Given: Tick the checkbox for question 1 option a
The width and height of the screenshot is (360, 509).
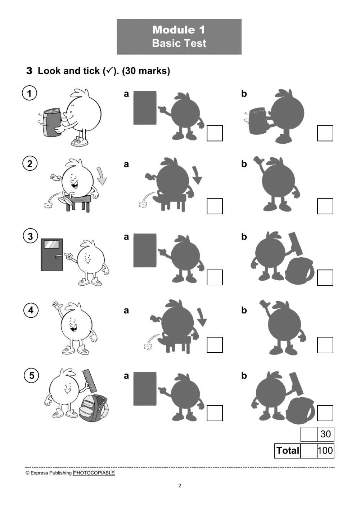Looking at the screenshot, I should (x=215, y=133).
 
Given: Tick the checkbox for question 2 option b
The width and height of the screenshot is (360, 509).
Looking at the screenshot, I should (x=325, y=206).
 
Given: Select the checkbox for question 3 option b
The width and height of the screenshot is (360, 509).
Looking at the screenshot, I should (x=325, y=277).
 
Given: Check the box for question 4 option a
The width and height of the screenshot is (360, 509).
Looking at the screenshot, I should (x=215, y=345).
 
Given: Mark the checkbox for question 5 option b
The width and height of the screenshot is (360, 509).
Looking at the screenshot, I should (x=325, y=413).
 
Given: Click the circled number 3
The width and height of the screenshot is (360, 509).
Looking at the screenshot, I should (x=30, y=236).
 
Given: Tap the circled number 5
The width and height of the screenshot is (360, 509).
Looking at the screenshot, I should (x=31, y=375).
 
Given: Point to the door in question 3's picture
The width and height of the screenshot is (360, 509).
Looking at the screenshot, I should (x=52, y=254).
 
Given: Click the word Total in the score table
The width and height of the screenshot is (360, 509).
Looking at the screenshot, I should (x=287, y=451).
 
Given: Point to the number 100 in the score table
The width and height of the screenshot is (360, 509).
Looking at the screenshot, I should (x=325, y=451).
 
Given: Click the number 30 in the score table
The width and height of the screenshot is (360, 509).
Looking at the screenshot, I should (x=325, y=434).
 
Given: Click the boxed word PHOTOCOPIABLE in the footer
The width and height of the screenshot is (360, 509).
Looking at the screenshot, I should (x=94, y=473).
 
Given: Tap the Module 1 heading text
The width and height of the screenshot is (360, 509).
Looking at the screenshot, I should (x=179, y=30).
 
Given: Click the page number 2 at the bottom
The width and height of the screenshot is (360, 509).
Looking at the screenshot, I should (x=180, y=486).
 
